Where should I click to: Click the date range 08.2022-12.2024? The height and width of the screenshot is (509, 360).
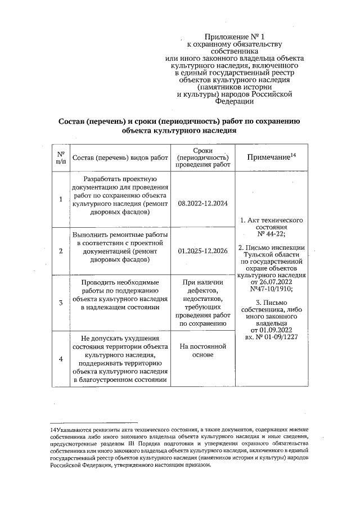(202, 200)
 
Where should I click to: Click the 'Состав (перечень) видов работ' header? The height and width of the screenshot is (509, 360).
(121, 158)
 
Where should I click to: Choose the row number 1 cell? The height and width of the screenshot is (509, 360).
(61, 199)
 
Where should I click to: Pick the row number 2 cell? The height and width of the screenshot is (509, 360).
(61, 251)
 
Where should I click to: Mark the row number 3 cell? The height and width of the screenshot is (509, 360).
(61, 303)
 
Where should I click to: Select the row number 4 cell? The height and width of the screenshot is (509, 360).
(61, 358)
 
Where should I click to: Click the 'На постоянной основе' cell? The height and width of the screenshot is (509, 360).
(202, 351)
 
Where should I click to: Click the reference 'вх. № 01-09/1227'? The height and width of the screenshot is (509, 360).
(272, 337)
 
